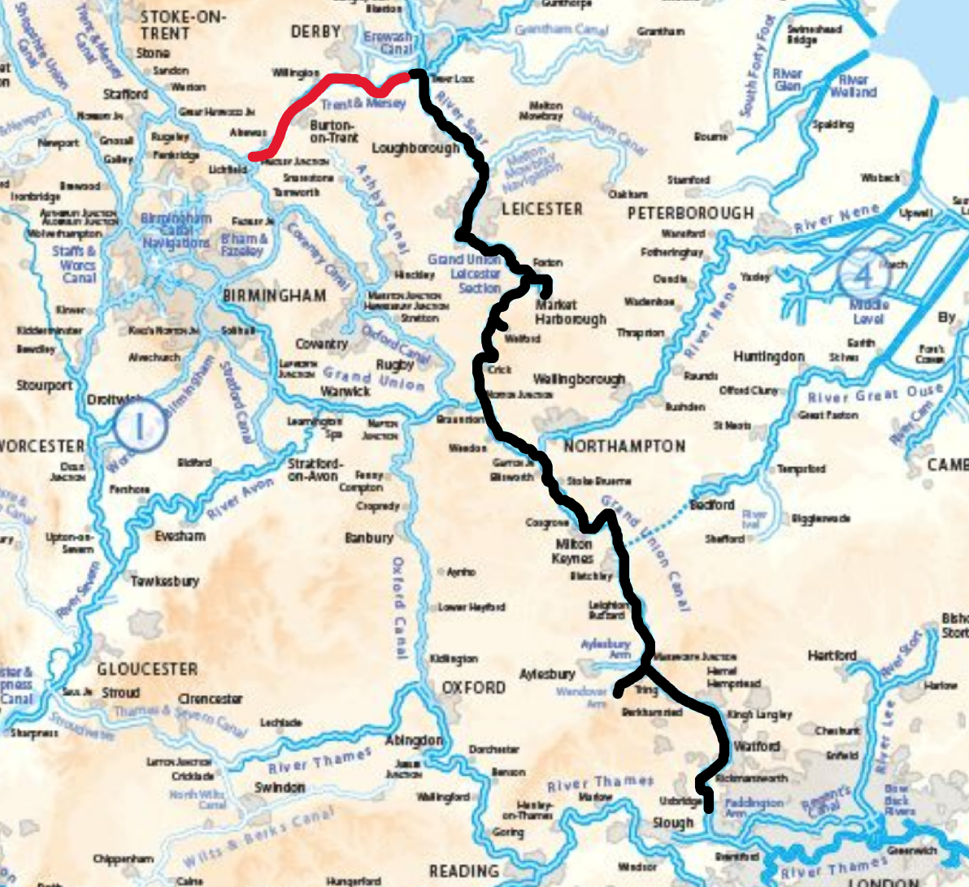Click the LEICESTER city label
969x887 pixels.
point(541,209)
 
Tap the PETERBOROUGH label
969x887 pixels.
point(690,213)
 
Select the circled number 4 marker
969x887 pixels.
point(863,275)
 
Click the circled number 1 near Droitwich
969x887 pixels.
point(139,425)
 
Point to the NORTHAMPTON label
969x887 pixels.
point(624,446)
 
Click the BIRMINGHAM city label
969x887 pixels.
point(275,295)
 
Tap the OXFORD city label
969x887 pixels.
point(473,687)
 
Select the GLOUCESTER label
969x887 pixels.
point(147,669)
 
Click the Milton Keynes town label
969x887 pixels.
point(574,552)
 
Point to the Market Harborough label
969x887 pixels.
point(571,312)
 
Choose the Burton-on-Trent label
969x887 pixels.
point(334,132)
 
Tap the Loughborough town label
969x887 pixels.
point(415,149)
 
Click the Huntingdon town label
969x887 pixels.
point(768,357)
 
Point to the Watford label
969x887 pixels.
point(757,746)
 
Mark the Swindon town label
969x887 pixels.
point(280,787)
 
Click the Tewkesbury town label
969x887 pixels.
point(165,581)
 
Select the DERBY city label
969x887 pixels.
point(315,32)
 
